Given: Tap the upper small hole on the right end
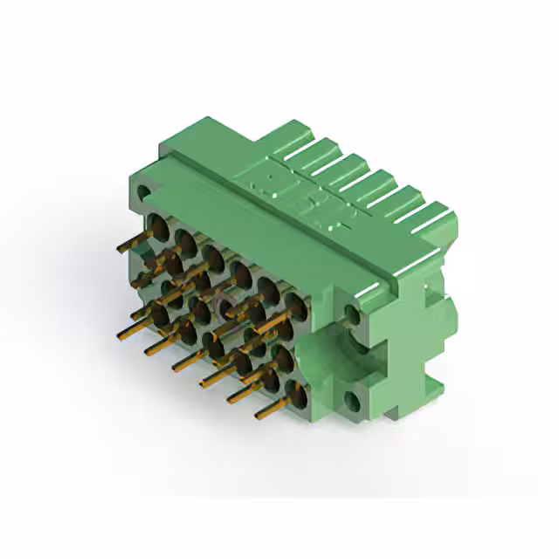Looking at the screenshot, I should coord(353,314).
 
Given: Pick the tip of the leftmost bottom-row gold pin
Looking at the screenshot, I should coord(120,335).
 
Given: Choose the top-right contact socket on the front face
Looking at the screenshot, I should coord(296,305).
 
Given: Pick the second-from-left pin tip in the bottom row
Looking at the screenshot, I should coord(148,350).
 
